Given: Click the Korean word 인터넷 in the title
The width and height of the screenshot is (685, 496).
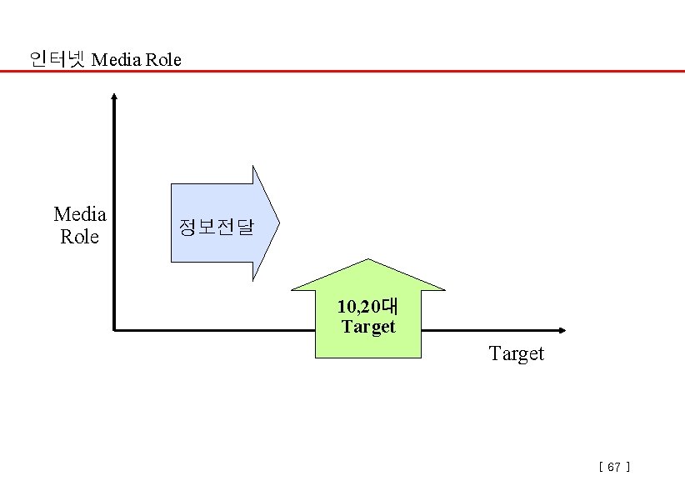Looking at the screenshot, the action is (x=57, y=59).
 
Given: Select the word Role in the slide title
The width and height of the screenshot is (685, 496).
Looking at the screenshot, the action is (x=164, y=60).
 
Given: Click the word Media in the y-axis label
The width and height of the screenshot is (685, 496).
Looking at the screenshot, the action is (x=80, y=214).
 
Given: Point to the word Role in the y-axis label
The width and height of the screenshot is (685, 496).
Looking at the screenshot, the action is (x=80, y=237).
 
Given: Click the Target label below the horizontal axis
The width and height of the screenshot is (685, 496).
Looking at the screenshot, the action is (x=517, y=353).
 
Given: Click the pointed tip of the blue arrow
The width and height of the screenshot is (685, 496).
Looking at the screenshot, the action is (x=279, y=223).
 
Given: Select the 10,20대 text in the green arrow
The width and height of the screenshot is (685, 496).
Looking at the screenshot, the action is (x=367, y=307).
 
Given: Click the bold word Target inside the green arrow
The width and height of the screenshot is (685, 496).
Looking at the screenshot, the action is (x=367, y=327).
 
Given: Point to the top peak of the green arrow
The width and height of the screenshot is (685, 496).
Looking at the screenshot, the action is (x=367, y=259).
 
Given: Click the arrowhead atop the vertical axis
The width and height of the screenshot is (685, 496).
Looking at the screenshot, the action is (x=114, y=96).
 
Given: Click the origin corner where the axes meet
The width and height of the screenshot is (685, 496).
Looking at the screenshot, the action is (x=114, y=330).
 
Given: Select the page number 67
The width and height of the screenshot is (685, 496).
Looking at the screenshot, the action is (x=614, y=468).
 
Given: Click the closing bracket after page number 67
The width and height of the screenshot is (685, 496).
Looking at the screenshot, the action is (x=627, y=468).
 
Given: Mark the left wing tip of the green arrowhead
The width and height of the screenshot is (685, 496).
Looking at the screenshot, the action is (x=292, y=290).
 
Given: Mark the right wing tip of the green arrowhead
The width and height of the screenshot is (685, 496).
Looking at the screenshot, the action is (x=445, y=290).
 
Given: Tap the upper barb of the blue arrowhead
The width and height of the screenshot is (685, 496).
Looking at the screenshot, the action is (x=253, y=166).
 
